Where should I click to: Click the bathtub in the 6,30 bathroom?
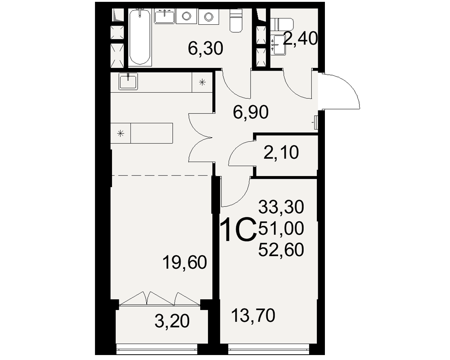coord(140,37)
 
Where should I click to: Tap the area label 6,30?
coord(206,49)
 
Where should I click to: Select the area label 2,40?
coord(300,39)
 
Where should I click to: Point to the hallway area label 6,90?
coord(251,112)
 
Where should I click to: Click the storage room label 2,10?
coord(281,152)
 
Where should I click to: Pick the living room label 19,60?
coord(184,262)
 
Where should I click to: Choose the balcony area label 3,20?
coord(172,321)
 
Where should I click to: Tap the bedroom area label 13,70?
coord(253,315)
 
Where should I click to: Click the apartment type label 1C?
coord(239,229)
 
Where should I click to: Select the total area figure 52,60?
coord(281,249)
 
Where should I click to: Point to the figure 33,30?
coord(281,207)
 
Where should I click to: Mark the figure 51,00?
coord(281,229)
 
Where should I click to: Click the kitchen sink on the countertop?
coord(128,81)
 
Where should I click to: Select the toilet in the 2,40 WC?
coord(282,24)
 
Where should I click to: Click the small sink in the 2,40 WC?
coord(279,45)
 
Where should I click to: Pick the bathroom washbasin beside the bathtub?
coord(164,16)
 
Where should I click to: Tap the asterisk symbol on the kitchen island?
coord(121,133)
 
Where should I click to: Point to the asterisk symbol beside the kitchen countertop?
coord(202,83)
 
